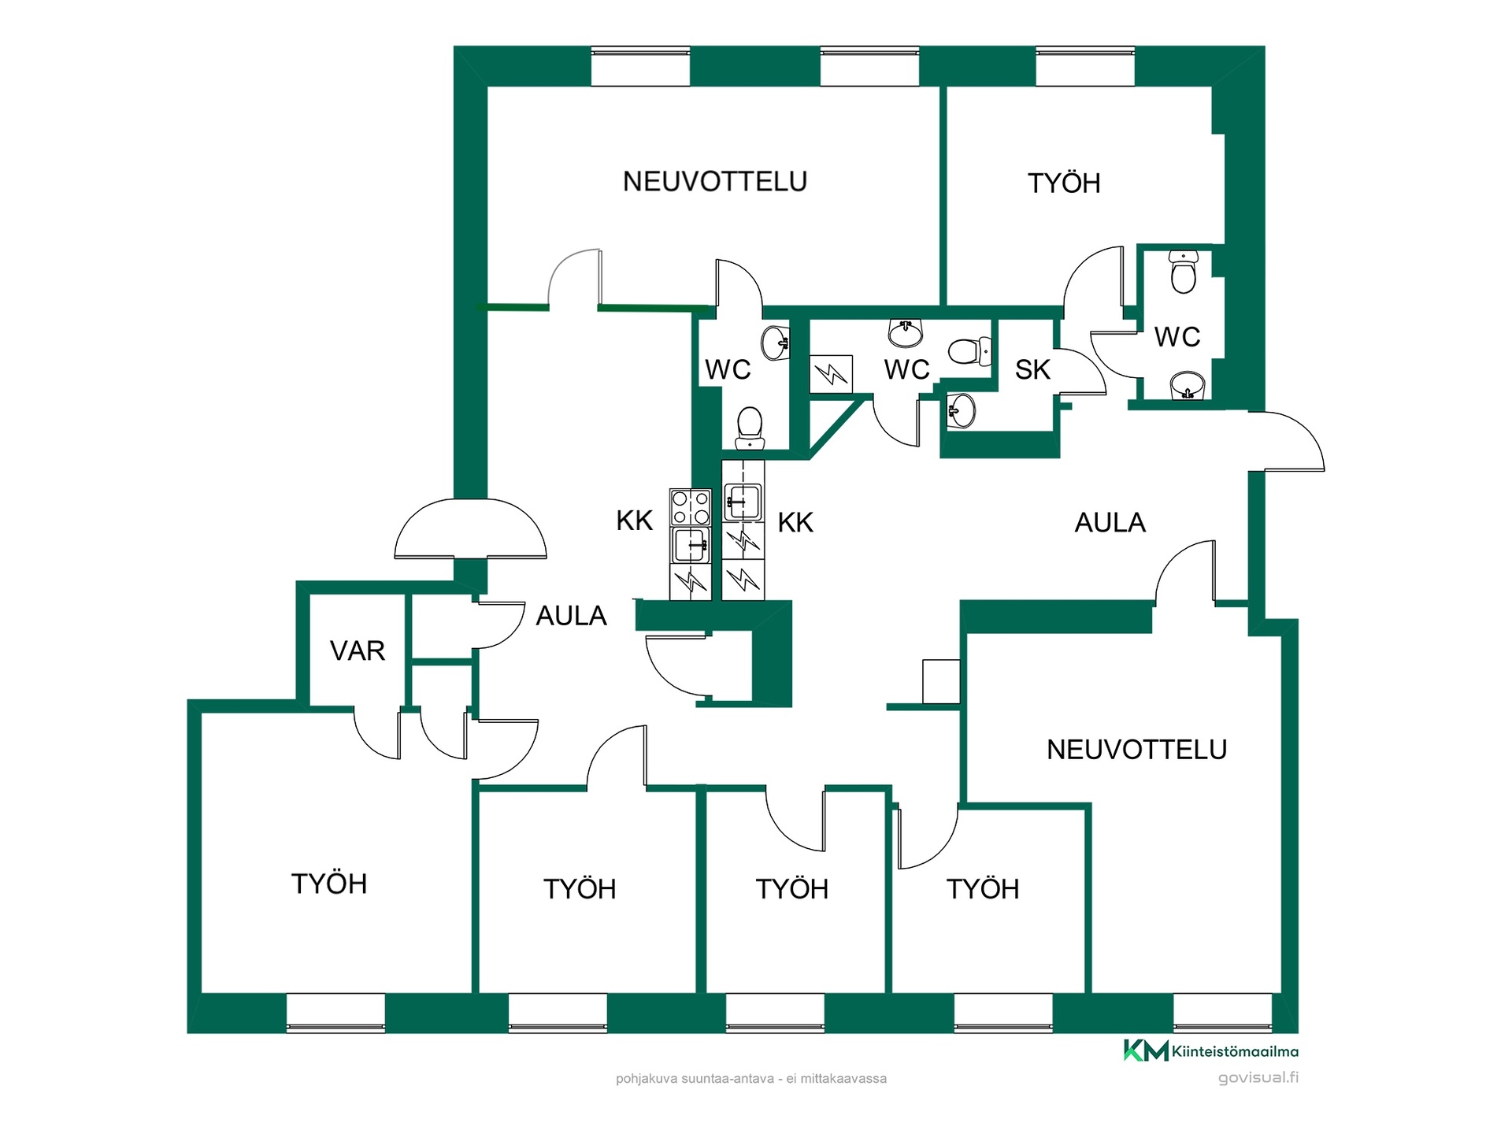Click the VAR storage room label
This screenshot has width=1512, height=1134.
click(358, 650)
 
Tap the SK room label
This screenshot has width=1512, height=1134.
click(1032, 369)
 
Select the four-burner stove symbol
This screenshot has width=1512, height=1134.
click(690, 507)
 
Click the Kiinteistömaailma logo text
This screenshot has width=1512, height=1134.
click(1235, 1051)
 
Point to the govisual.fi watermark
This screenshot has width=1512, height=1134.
click(1258, 1077)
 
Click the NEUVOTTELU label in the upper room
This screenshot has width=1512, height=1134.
click(715, 182)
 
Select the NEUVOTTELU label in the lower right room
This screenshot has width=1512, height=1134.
click(1136, 750)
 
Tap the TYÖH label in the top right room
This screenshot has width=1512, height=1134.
click(1064, 183)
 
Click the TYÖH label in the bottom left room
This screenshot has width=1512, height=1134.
click(329, 884)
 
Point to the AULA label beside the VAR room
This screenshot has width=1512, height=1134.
click(571, 616)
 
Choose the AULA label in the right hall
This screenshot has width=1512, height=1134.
click(1110, 523)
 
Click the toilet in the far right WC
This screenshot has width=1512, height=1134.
click(1184, 272)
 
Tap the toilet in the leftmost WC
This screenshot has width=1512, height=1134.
click(750, 428)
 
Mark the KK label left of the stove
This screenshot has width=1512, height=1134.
click(635, 521)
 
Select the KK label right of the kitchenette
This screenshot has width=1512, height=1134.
click(795, 523)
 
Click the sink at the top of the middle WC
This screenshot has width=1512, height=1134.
click(906, 332)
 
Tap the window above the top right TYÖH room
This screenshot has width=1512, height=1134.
click(1085, 67)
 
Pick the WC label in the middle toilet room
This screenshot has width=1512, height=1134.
click(906, 369)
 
